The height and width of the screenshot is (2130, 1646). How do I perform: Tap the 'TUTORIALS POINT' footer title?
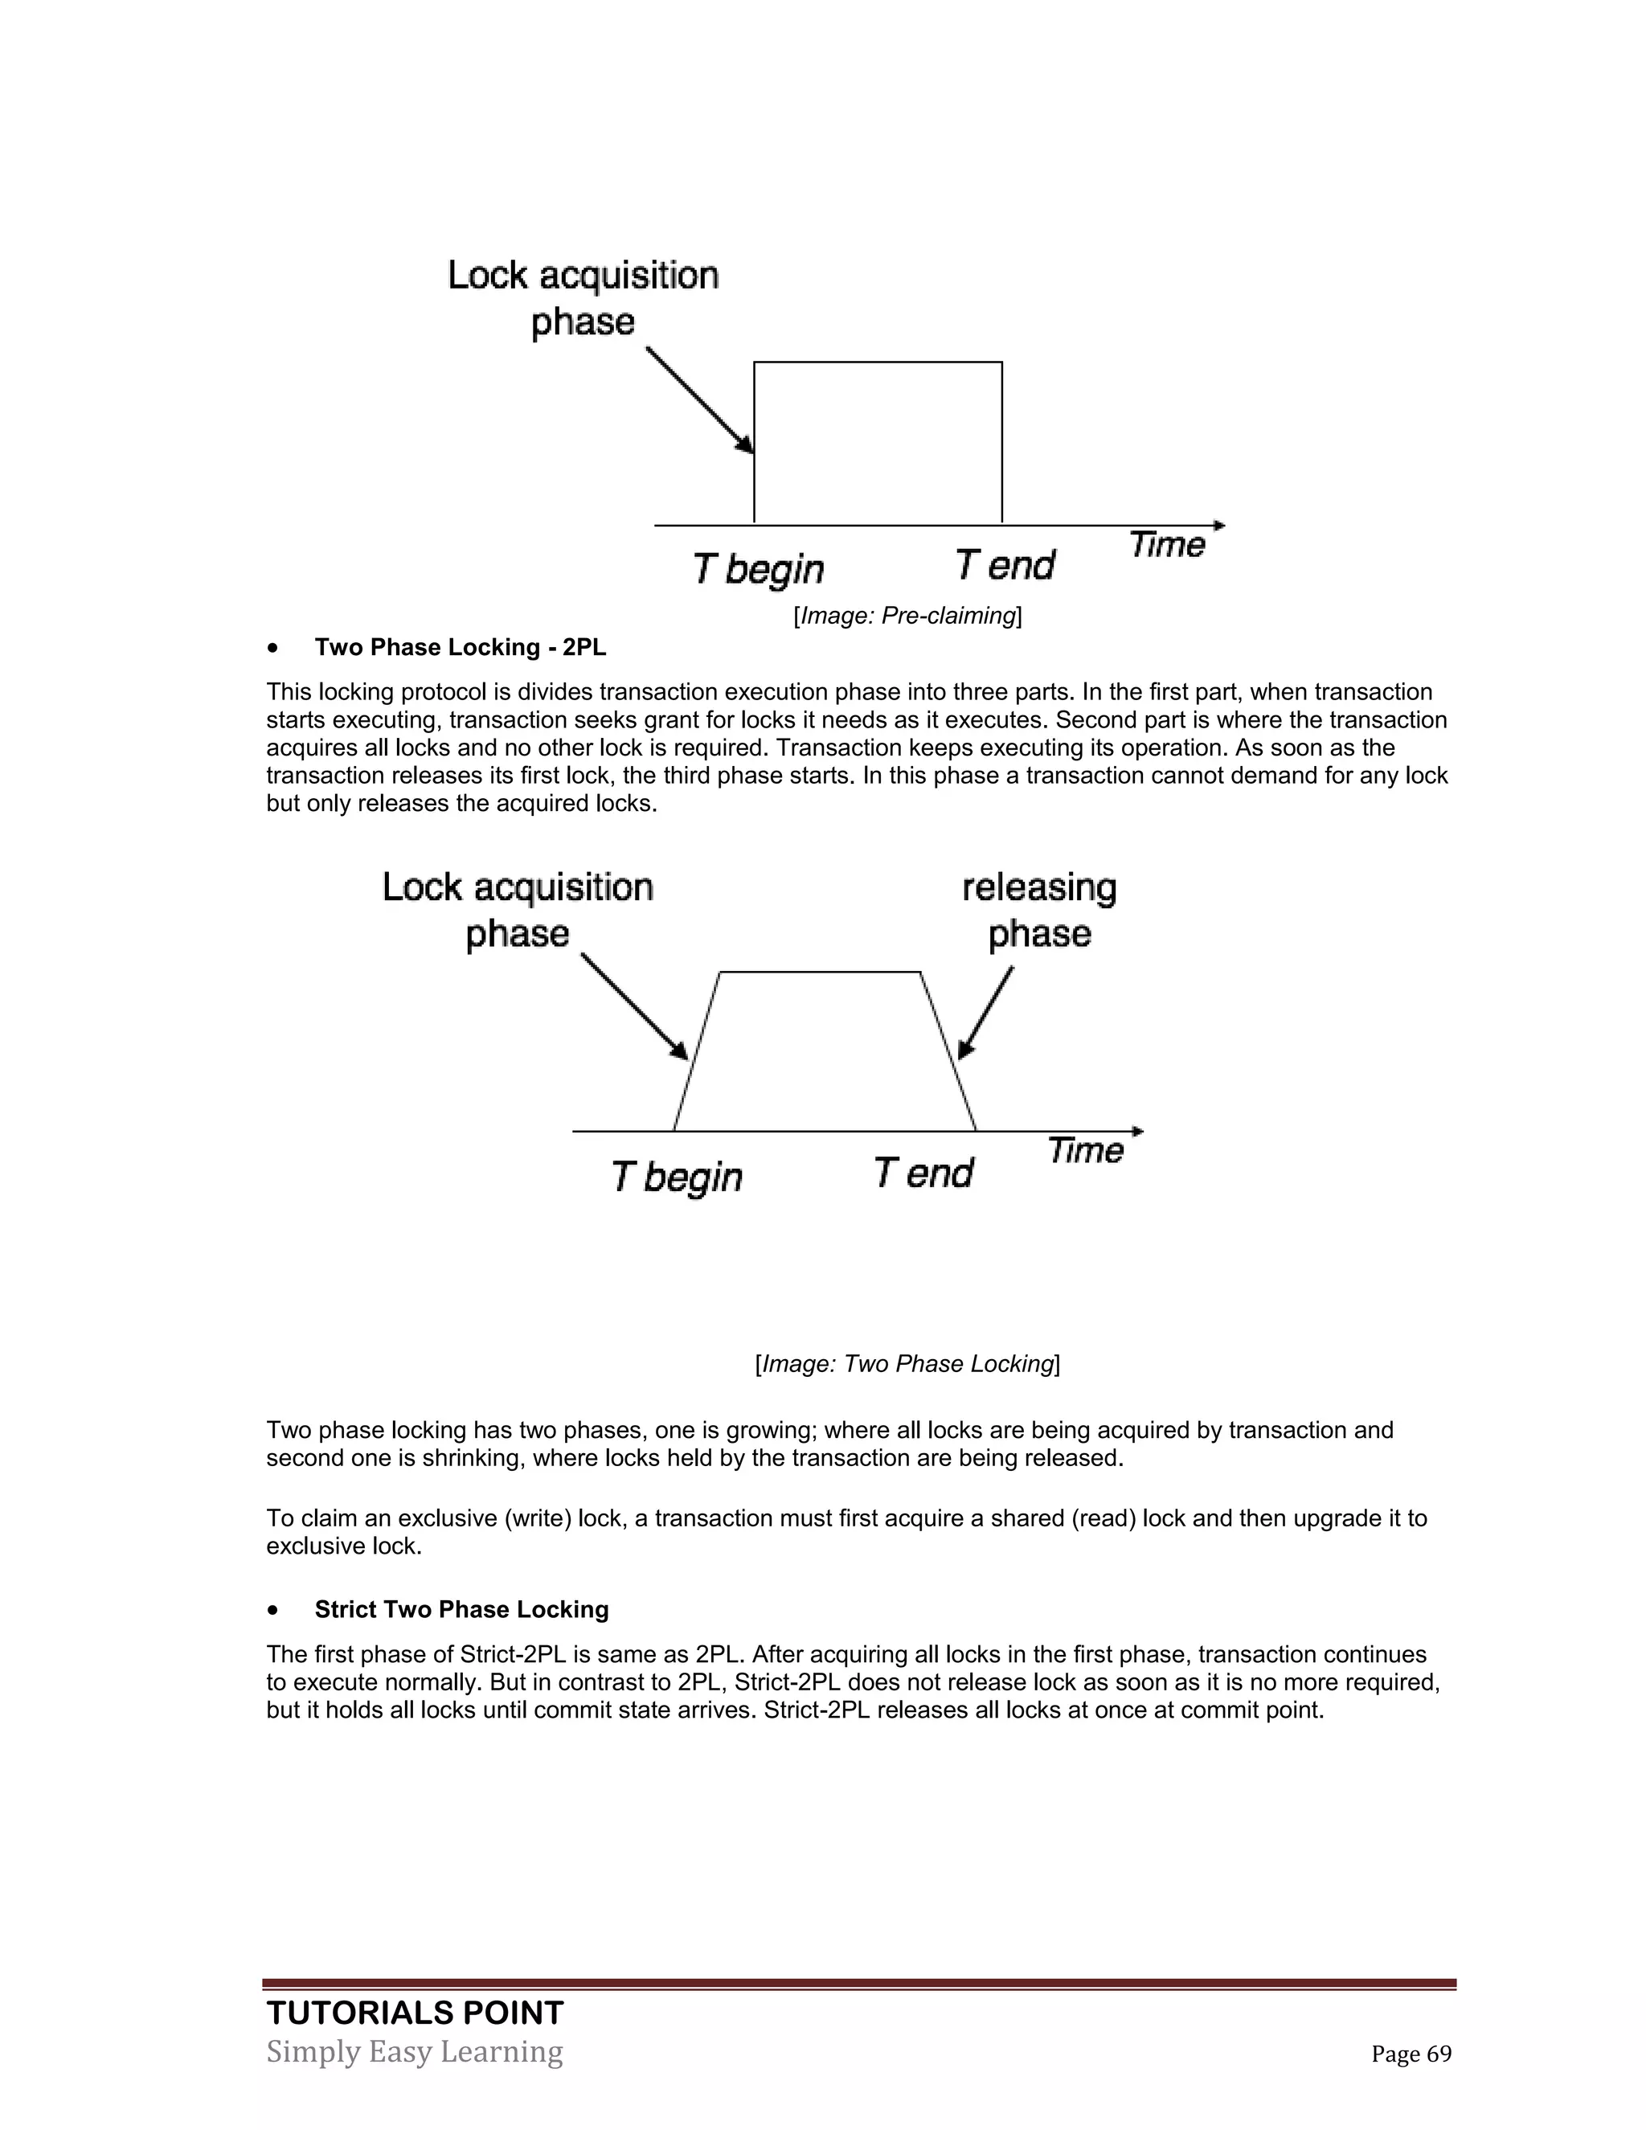[x=415, y=2012]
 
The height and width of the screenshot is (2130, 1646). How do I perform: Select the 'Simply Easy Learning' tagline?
[x=415, y=2051]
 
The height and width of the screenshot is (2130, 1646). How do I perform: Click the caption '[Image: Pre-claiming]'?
[x=907, y=616]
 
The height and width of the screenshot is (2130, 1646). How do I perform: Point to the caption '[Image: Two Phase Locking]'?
[x=907, y=1363]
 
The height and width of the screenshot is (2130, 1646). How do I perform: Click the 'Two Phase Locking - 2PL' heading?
[x=461, y=648]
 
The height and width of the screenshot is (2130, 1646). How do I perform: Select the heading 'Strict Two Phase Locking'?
[x=461, y=1609]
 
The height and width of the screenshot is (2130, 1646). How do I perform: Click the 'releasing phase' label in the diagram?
[x=1039, y=910]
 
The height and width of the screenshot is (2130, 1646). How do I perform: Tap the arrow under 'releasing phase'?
[x=985, y=1014]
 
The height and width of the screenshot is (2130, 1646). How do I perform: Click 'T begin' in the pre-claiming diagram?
[x=759, y=567]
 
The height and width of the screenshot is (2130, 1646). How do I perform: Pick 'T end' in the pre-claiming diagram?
[x=1005, y=566]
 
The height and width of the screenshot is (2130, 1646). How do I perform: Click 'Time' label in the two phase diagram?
[x=1085, y=1151]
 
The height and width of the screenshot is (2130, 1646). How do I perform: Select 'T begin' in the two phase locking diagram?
[x=677, y=1176]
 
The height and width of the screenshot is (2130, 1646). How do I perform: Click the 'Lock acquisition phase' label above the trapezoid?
[x=517, y=910]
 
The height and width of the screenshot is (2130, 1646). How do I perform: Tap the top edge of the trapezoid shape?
[x=819, y=972]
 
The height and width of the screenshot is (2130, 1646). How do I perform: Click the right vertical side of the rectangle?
[x=1001, y=444]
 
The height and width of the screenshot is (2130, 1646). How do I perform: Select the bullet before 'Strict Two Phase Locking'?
[x=276, y=1610]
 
